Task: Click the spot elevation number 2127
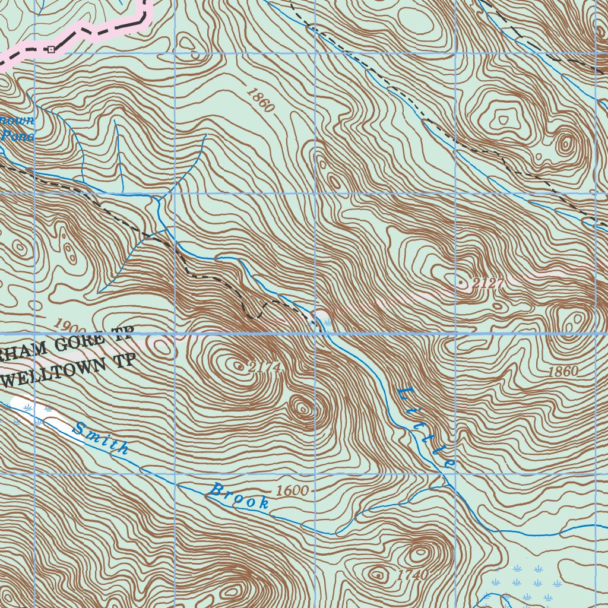tap(489, 284)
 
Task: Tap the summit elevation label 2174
tap(264, 368)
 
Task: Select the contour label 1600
tap(292, 491)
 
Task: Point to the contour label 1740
tap(412, 575)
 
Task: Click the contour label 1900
tap(69, 326)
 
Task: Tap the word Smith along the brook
tap(100, 438)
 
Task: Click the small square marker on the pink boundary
tap(51, 49)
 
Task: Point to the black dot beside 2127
tap(463, 284)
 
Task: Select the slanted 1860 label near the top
tap(260, 99)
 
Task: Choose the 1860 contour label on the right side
tap(563, 372)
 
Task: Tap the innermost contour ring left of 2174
tap(239, 367)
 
